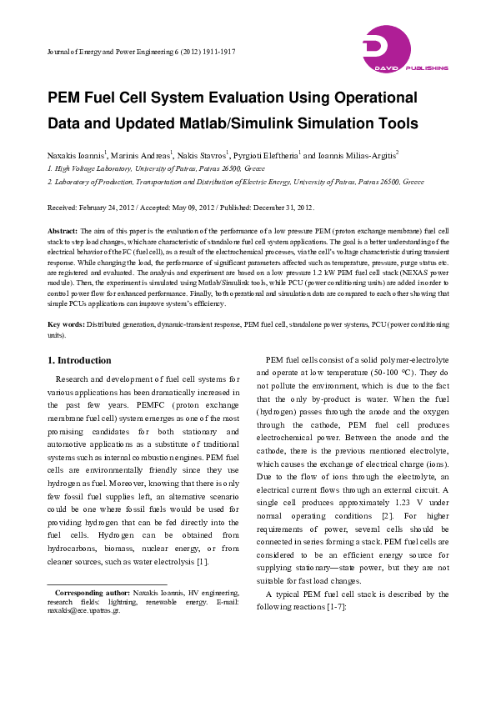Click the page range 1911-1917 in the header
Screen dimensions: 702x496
[x=215, y=52]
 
